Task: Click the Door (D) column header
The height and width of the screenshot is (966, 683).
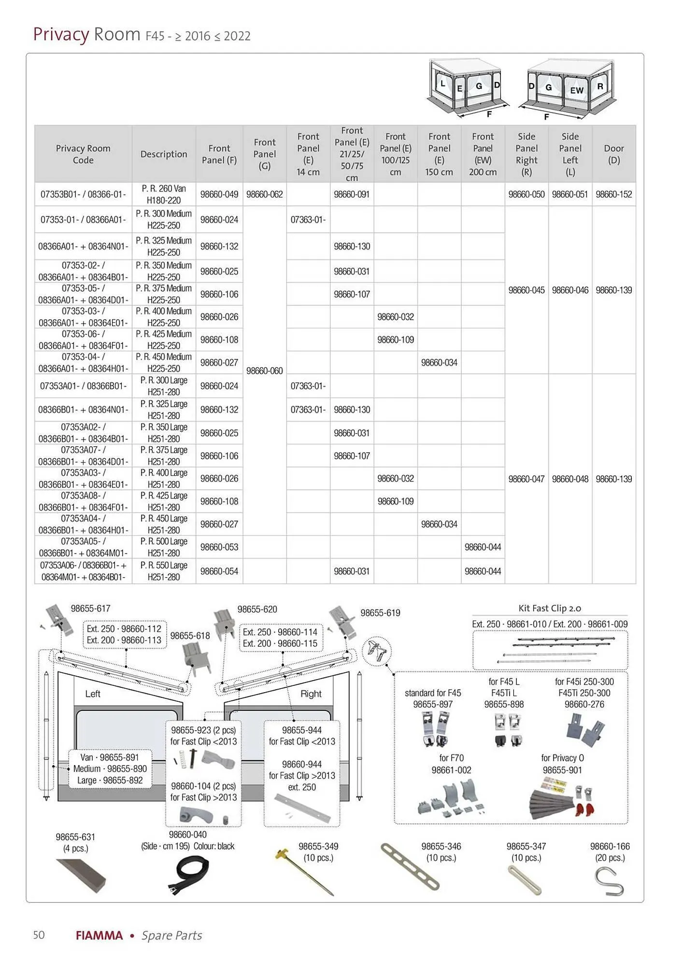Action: pyautogui.click(x=613, y=154)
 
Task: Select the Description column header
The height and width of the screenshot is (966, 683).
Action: pyautogui.click(x=164, y=154)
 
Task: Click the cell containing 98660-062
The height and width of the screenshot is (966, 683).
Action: pyautogui.click(x=265, y=194)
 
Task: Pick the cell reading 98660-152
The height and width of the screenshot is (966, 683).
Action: pyautogui.click(x=613, y=194)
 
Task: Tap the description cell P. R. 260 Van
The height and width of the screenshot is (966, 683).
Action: pyautogui.click(x=164, y=194)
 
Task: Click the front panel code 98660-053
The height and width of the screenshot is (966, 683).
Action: pyautogui.click(x=219, y=547)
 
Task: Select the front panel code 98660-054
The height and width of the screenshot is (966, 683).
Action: pyautogui.click(x=219, y=571)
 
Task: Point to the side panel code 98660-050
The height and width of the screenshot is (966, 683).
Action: pyautogui.click(x=526, y=194)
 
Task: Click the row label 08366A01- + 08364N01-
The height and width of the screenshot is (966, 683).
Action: pyautogui.click(x=83, y=246)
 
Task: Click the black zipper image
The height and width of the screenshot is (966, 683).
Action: pyautogui.click(x=192, y=874)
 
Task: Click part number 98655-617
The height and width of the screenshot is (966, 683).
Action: pyautogui.click(x=90, y=609)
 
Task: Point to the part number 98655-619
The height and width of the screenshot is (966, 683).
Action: pyautogui.click(x=380, y=613)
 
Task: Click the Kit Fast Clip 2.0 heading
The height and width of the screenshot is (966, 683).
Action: pyautogui.click(x=550, y=609)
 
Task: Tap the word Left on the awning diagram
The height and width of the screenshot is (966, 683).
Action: pyautogui.click(x=92, y=694)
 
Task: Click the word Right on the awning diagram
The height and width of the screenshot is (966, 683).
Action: pyautogui.click(x=311, y=694)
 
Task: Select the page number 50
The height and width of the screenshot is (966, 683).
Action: pyautogui.click(x=39, y=935)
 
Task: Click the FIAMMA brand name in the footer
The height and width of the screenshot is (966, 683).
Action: pyautogui.click(x=99, y=936)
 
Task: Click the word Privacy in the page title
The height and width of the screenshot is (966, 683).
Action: pyautogui.click(x=61, y=35)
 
